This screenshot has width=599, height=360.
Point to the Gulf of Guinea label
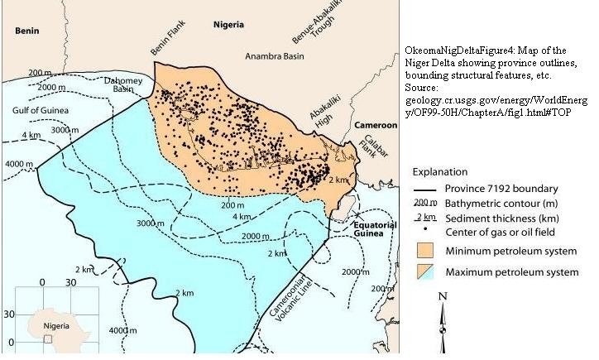pos(41,109)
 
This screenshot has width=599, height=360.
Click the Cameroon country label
pos(376,125)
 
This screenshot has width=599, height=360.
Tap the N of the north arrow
pos(443,296)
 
